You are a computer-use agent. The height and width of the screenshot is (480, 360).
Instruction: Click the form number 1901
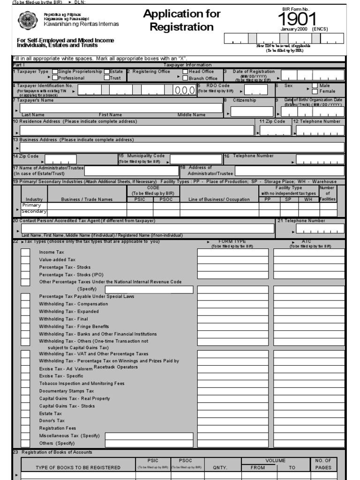pos(297,19)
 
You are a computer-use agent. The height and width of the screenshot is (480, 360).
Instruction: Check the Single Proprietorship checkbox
pos(55,72)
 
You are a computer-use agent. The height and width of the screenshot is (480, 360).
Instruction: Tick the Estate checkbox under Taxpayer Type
pos(107,72)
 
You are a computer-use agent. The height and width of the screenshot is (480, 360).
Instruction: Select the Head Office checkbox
pos(185,72)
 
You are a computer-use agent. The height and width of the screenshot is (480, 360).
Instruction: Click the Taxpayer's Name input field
pos(121,108)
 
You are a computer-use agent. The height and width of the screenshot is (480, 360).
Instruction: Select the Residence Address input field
pos(137,131)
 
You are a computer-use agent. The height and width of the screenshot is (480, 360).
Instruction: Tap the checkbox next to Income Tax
pos(25,252)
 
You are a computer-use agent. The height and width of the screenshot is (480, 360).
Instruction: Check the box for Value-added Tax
pos(25,260)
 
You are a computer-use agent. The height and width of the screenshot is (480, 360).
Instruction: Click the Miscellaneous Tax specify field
pos(149,436)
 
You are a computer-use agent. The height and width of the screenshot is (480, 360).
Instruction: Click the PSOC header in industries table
pos(166,199)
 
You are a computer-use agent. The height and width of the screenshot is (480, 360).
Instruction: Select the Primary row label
pos(31,205)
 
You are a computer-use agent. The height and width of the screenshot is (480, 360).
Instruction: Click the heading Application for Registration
pos(182,21)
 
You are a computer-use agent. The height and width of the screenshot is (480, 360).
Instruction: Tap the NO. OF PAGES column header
pos(323,464)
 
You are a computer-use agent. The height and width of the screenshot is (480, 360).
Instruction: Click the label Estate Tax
pos(51,413)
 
